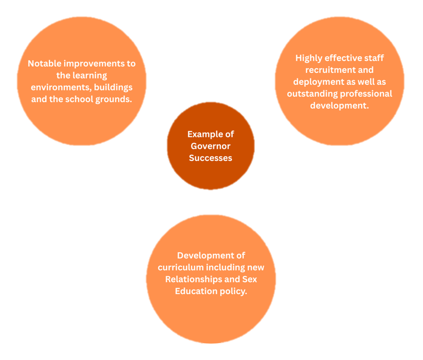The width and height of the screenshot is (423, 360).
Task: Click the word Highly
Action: [x=309, y=58]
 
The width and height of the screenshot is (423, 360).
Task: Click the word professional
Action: [x=366, y=94]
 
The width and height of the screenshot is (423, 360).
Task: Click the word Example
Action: [x=202, y=134]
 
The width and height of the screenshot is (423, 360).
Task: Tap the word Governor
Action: [x=210, y=146]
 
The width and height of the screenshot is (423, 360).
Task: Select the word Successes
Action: [x=210, y=158]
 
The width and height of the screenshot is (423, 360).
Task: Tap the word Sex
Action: [x=249, y=279]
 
